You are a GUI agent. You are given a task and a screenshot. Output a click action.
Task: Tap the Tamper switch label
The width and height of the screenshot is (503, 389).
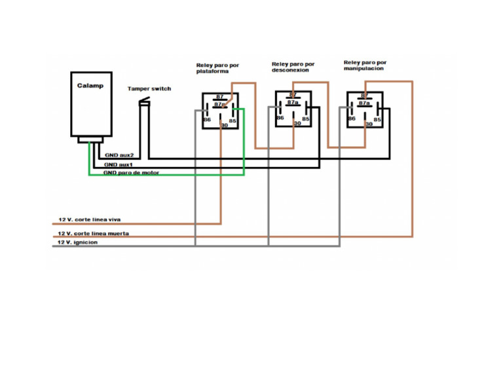coord(149,88)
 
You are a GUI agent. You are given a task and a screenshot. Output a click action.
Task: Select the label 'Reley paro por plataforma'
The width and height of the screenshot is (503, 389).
coord(217,68)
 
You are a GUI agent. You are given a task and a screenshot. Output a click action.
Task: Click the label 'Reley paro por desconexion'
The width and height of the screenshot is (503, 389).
coord(293,67)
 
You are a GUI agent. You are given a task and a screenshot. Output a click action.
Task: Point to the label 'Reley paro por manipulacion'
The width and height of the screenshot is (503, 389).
coord(365,65)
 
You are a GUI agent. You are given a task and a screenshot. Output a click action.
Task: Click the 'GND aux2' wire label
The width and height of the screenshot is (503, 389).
coord(119,155)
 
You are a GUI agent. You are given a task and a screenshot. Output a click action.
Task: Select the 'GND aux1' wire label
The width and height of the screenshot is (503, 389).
coord(119,164)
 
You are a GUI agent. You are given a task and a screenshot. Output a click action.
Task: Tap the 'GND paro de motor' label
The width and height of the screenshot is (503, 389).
coord(131,173)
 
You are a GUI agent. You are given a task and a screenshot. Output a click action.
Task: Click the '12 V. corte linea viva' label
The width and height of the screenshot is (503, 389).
coord(88,219)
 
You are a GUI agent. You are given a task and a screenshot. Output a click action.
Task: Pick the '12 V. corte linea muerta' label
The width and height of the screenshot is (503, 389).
coord(92,233)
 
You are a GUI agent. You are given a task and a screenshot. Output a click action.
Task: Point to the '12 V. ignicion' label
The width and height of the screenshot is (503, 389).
coord(78,242)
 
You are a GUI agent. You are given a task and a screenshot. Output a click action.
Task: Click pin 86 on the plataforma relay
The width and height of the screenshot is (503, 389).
coord(207,120)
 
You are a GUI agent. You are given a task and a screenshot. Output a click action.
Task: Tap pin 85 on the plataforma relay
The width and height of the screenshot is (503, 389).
coord(233,120)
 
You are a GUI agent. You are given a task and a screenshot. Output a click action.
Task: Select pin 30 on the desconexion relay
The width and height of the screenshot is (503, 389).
coord(297,122)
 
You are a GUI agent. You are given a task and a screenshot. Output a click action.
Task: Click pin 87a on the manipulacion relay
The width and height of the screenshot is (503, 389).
coord(364,103)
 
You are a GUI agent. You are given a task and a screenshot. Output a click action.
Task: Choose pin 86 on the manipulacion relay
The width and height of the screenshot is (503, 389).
coord(352,119)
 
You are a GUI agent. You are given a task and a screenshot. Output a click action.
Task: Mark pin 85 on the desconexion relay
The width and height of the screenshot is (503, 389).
coord(305,119)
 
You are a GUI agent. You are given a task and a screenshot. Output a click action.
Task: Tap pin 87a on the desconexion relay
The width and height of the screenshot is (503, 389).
coord(293,103)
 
